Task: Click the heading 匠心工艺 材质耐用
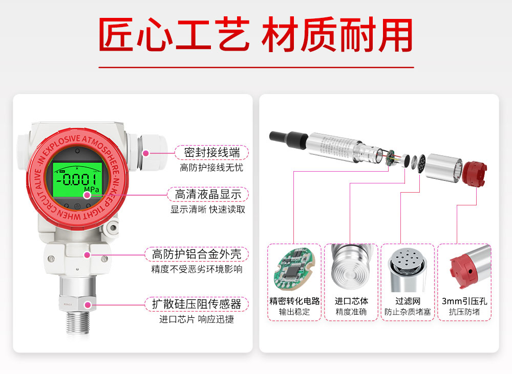[255, 34]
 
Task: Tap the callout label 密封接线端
[212, 152]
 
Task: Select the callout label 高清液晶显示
[208, 195]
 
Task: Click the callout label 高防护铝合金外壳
[197, 254]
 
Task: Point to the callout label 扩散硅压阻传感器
[197, 304]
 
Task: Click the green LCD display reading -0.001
[77, 179]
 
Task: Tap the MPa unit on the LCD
[92, 190]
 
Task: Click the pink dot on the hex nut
[88, 305]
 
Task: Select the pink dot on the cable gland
[146, 153]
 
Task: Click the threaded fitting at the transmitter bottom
[77, 322]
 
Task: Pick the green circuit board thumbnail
[294, 269]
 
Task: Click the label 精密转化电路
[294, 301]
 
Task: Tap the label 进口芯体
[351, 301]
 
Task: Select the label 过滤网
[408, 301]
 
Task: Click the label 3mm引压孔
[464, 301]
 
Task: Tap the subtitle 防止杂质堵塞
[408, 312]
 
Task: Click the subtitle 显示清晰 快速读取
[208, 209]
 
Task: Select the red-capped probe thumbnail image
[464, 267]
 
